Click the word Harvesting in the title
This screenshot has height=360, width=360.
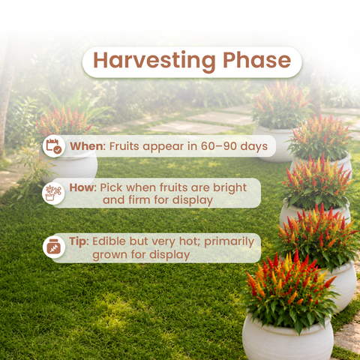tap(154, 61)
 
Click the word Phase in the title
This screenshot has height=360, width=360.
tap(257, 59)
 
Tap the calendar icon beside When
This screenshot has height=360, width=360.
tap(54, 145)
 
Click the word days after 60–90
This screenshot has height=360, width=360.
tap(254, 147)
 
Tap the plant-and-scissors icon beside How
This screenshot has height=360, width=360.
tap(53, 193)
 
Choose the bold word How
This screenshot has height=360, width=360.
tap(82, 187)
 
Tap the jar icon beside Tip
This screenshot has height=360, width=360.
tap(54, 247)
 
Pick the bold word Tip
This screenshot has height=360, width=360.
tap(79, 241)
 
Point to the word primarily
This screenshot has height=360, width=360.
tap(229, 242)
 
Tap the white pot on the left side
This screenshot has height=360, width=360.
tap(69, 166)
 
